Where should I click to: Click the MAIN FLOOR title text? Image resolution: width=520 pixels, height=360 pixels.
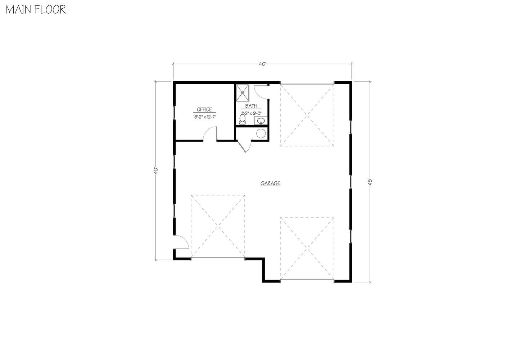pos(35,10)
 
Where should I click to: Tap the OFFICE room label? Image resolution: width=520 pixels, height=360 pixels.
pos(204,110)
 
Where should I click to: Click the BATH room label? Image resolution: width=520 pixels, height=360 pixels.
pos(251,106)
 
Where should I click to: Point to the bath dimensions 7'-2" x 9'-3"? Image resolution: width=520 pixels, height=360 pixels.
pos(251,113)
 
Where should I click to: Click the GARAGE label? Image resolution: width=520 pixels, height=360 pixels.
pos(270,183)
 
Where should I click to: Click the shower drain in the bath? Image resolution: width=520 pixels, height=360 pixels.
pos(243,92)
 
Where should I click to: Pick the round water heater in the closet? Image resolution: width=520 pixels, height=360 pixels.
pos(261,133)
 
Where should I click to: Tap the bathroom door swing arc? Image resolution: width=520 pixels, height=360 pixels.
pos(261,91)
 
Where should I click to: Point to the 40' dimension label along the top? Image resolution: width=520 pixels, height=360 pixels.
pos(262,64)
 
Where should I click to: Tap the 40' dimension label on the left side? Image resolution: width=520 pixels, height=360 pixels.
pos(155,170)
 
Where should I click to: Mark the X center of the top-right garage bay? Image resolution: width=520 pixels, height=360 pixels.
pos(307,115)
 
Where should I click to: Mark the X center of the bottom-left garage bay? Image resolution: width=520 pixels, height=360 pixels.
pos(218,226)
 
